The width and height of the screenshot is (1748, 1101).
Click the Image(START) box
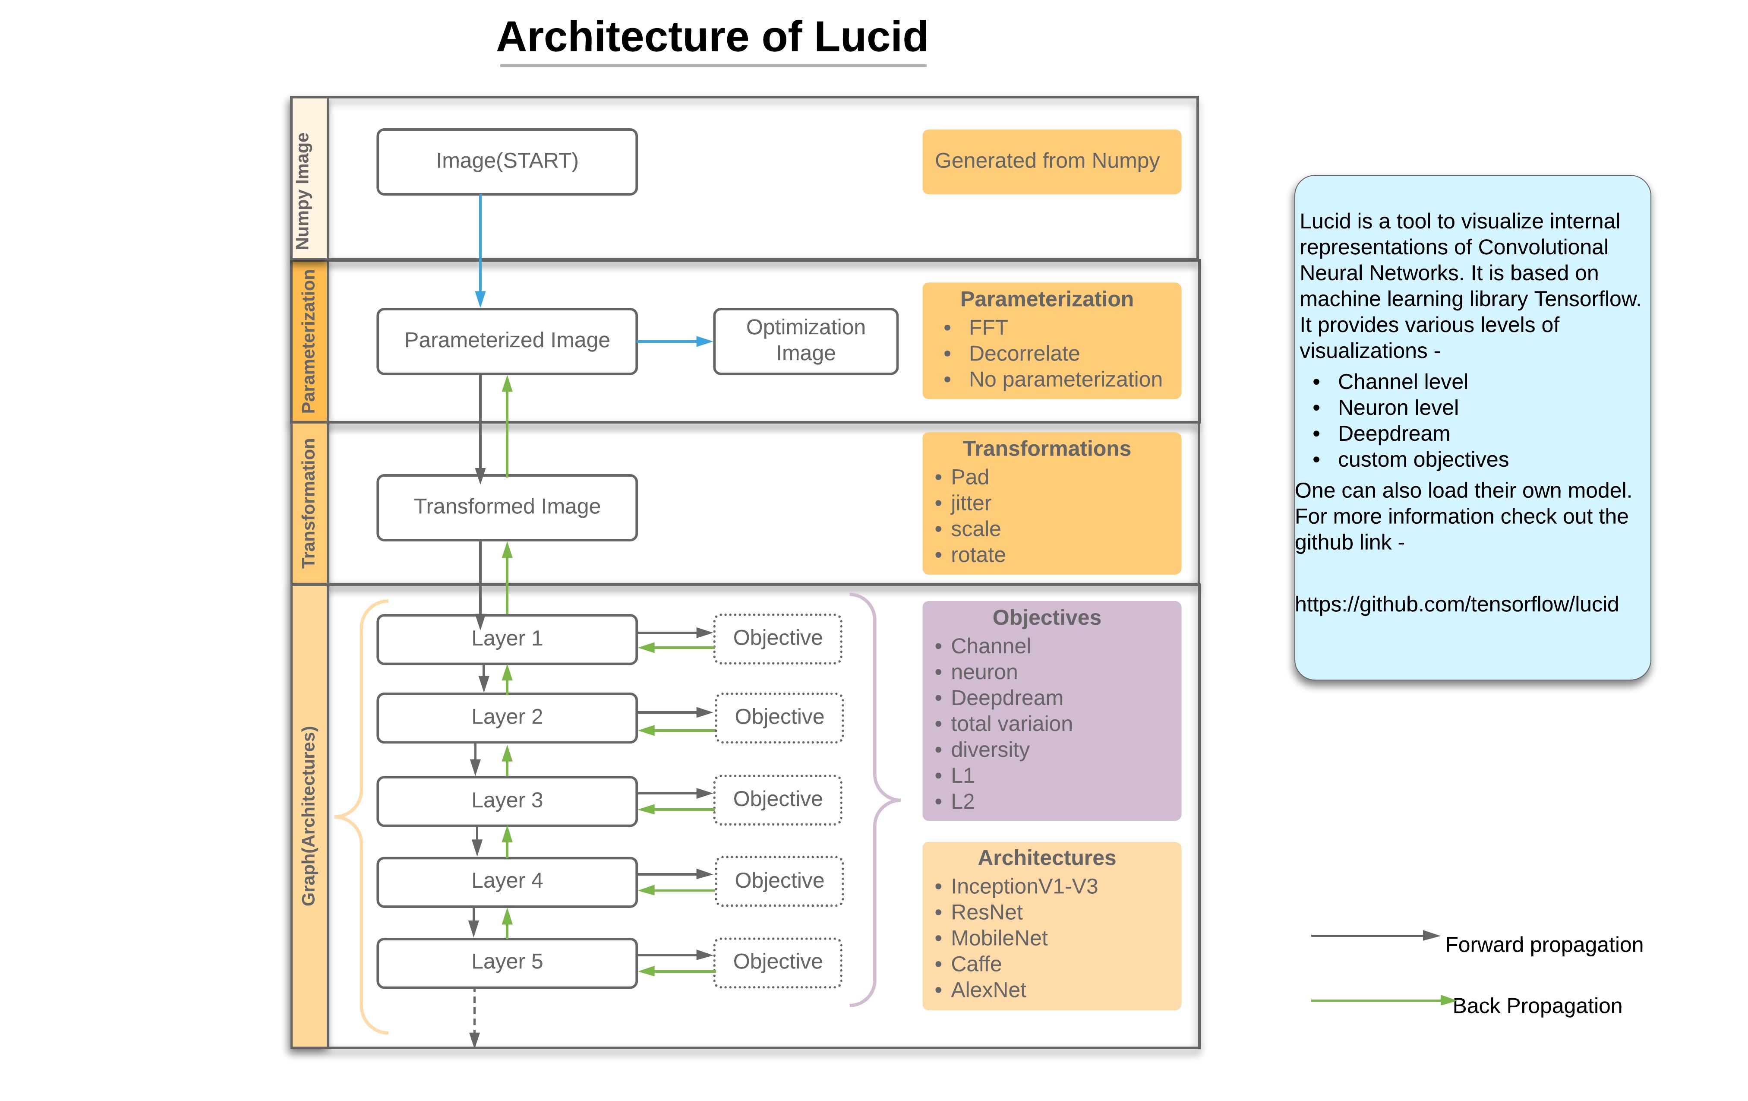[507, 161]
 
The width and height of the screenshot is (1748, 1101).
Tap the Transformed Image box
[507, 507]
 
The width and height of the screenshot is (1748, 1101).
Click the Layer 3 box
[507, 800]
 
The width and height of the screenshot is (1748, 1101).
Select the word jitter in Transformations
[971, 503]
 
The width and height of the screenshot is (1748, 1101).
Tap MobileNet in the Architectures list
[999, 938]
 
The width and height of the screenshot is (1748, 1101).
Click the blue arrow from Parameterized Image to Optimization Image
[674, 342]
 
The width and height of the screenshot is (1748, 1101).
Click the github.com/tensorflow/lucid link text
[1456, 604]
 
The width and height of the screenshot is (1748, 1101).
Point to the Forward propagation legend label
[1543, 945]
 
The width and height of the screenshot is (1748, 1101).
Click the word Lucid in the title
[871, 38]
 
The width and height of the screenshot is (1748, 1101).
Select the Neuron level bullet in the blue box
[1398, 408]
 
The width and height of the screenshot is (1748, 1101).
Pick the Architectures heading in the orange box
[1046, 858]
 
